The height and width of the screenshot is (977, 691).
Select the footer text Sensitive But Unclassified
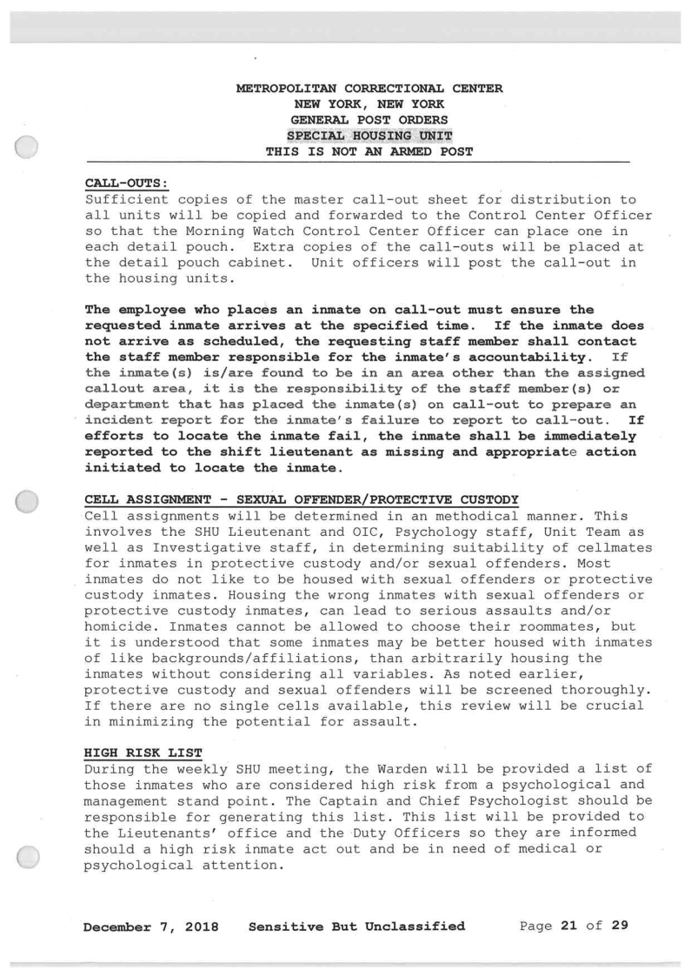[x=356, y=926]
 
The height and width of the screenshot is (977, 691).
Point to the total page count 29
[x=619, y=926]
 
